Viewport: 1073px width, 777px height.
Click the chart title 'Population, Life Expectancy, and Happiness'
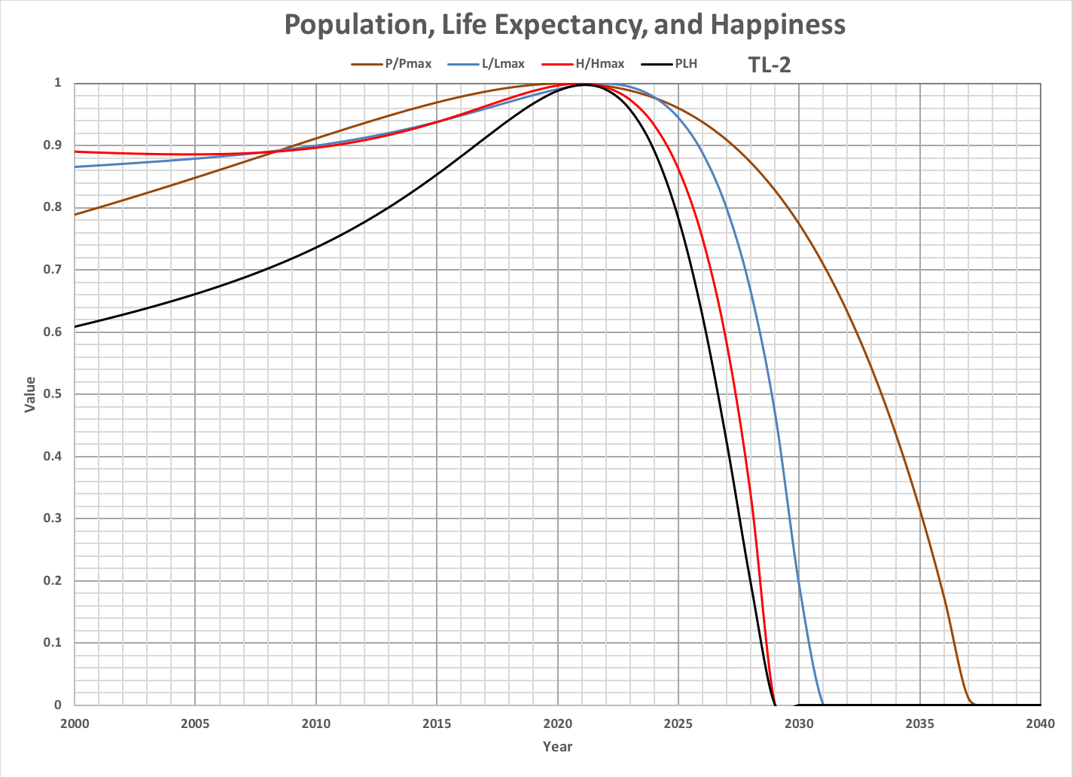(x=565, y=25)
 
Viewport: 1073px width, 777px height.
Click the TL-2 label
(x=769, y=65)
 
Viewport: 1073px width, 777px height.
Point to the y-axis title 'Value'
(x=30, y=394)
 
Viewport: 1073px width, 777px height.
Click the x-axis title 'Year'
(x=558, y=747)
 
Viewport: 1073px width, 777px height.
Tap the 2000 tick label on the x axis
(x=75, y=723)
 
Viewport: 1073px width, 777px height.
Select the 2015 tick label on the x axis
(x=437, y=723)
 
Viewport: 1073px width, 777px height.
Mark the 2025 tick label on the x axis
(x=678, y=723)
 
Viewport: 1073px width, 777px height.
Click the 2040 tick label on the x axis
(x=1041, y=723)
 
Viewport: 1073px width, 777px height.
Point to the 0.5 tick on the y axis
(x=57, y=394)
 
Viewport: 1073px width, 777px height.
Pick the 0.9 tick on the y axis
(x=57, y=145)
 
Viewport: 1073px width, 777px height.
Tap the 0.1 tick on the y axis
(x=57, y=643)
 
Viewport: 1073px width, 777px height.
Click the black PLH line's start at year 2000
(x=75, y=326)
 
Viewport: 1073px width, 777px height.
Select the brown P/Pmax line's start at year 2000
(x=75, y=215)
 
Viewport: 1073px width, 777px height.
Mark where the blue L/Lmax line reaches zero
(x=823, y=705)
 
